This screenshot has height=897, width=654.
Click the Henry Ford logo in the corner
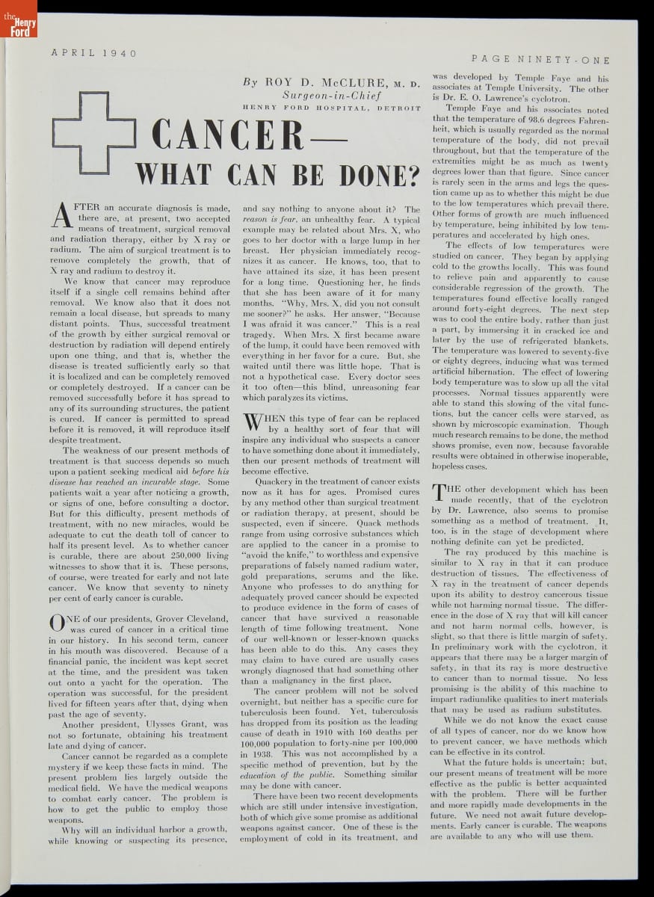[18, 19]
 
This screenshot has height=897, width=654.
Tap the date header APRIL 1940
[94, 53]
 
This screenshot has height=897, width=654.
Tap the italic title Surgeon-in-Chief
[332, 96]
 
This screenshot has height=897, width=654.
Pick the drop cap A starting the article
[63, 215]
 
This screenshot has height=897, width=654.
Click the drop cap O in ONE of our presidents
[58, 623]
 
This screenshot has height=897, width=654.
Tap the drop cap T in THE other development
[439, 494]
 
